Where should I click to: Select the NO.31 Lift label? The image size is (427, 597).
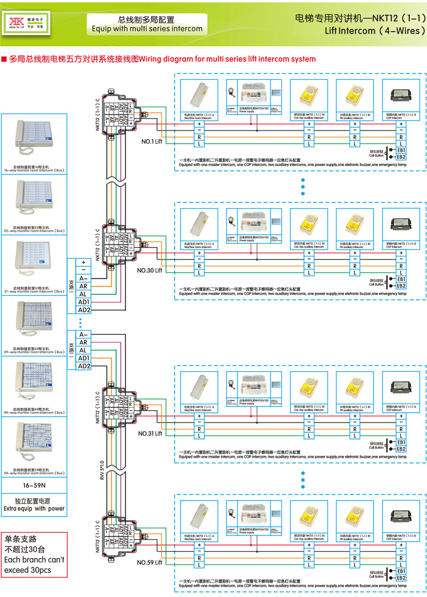click(x=150, y=433)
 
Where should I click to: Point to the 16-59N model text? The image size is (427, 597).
click(x=34, y=485)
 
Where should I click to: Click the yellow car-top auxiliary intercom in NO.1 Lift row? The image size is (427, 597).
click(x=309, y=94)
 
